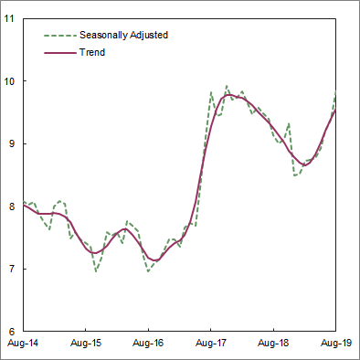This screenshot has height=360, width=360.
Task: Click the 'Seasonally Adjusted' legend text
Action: [123, 35]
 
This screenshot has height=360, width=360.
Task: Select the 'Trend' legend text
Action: [92, 52]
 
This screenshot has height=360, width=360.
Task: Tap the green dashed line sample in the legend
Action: [58, 35]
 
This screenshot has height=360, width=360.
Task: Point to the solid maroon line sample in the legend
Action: [58, 52]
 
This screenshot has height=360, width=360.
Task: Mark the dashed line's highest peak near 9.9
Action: [227, 87]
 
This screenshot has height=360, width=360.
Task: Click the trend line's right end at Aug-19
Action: [336, 111]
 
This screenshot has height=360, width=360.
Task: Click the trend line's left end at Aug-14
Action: [24, 205]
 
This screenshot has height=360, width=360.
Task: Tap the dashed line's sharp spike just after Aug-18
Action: [289, 124]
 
